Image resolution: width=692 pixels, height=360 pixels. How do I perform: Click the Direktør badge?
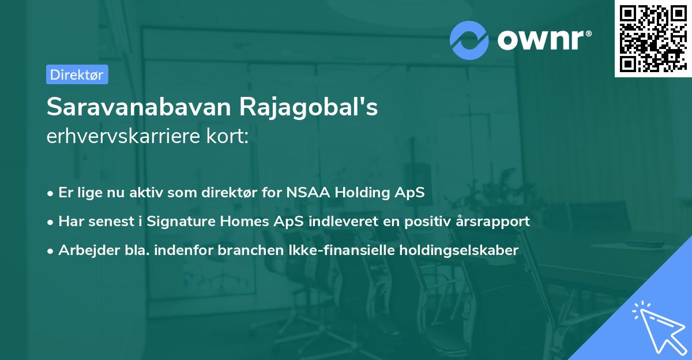77,75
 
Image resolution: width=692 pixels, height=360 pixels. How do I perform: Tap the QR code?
652,38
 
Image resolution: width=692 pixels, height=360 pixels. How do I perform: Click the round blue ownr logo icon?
469,40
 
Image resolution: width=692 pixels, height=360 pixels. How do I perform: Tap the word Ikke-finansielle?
338,250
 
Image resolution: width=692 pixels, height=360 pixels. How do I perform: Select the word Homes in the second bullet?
229,221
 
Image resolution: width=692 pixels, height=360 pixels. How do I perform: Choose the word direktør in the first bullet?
234,193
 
